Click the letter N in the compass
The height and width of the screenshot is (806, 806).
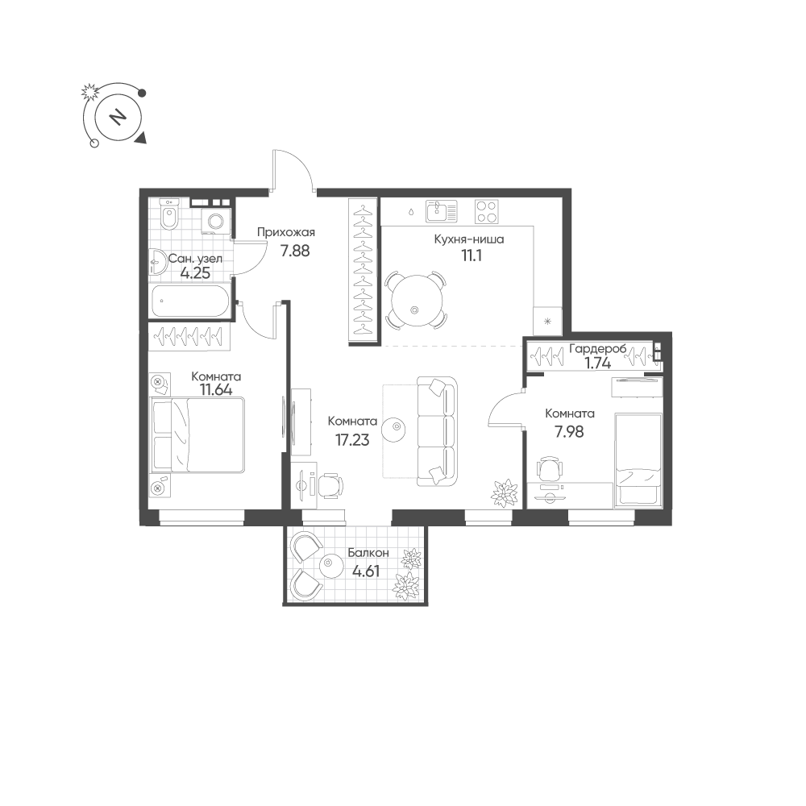tap(118, 117)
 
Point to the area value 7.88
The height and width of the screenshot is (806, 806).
tap(294, 251)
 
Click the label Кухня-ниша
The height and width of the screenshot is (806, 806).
tap(469, 239)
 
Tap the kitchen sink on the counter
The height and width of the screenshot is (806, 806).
tap(441, 211)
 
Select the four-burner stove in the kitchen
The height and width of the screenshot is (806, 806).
tap(486, 211)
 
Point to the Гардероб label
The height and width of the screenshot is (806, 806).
tap(598, 349)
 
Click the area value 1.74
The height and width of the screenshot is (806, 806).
tap(598, 364)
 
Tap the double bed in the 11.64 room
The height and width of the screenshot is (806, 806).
tap(197, 435)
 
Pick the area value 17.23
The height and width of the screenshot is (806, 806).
tap(352, 440)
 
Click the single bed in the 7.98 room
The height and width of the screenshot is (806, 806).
tap(638, 459)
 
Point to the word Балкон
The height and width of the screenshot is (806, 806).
tap(368, 553)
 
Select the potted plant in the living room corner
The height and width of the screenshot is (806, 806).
tap(505, 493)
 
